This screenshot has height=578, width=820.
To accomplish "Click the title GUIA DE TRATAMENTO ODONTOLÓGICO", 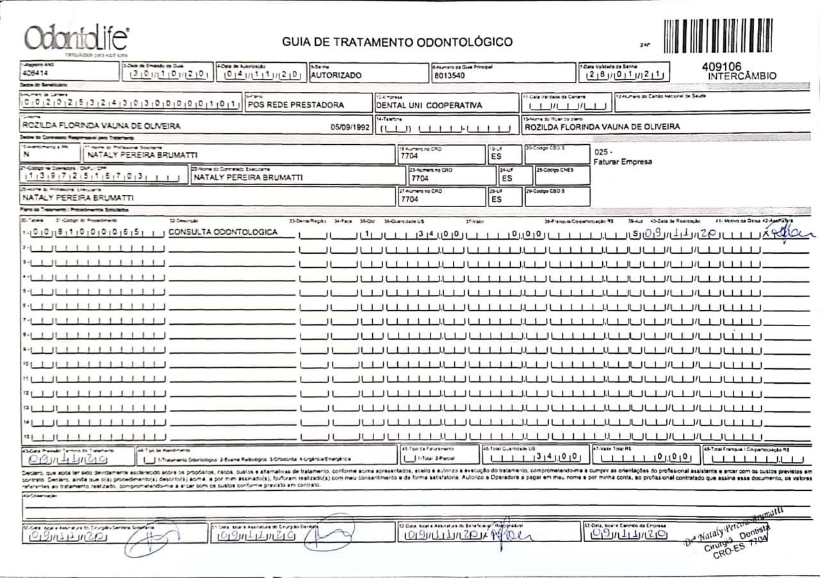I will [397, 42].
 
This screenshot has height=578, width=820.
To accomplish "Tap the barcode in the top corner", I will [717, 36].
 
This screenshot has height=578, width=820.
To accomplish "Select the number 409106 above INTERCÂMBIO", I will [721, 66].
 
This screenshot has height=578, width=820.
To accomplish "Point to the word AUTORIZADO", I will [336, 75].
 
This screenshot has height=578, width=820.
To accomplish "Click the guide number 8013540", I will [450, 75].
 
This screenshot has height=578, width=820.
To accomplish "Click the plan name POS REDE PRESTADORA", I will [295, 104].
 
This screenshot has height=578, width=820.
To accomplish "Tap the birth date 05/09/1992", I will [350, 127].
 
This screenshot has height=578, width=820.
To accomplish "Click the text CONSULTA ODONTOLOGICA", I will [223, 232].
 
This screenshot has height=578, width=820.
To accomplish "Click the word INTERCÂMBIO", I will [742, 76].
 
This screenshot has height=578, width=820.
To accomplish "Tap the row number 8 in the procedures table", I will [25, 334].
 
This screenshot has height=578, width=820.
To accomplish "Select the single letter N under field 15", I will [26, 154].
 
